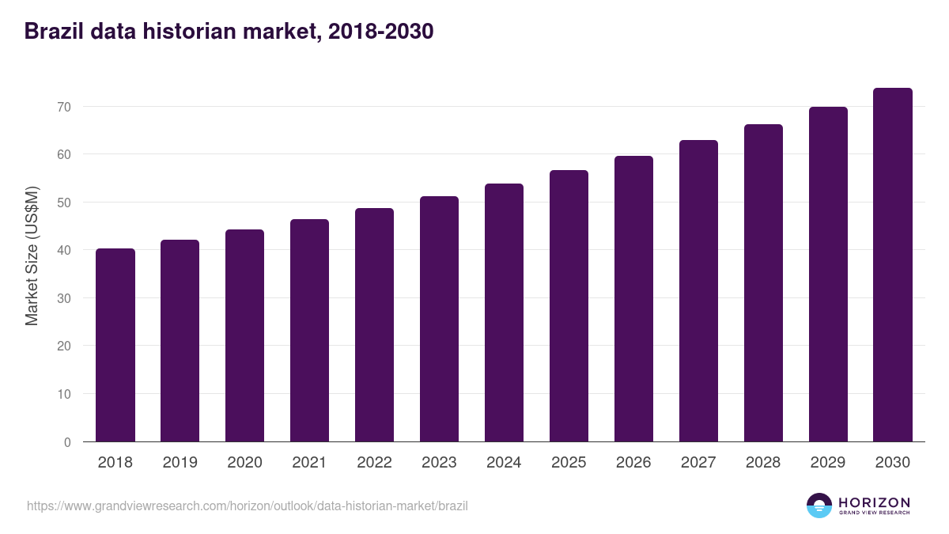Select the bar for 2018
pos(115,345)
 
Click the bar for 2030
pos(892,265)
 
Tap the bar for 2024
pos(504,312)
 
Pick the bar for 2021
pos(309,331)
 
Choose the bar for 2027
pos(698,291)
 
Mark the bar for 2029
pos(828,275)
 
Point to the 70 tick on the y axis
pos(64,107)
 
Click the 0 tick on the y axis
pos(67,442)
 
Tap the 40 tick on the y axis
pos(64,251)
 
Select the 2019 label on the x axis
pos(180,463)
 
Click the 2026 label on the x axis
pos(633,463)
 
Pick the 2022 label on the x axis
pos(374,463)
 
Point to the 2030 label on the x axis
pos(892,463)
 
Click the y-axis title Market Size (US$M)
pos(32,256)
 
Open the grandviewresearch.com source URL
pos(248,506)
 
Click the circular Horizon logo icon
pos(819,506)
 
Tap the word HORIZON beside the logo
pos(874,502)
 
